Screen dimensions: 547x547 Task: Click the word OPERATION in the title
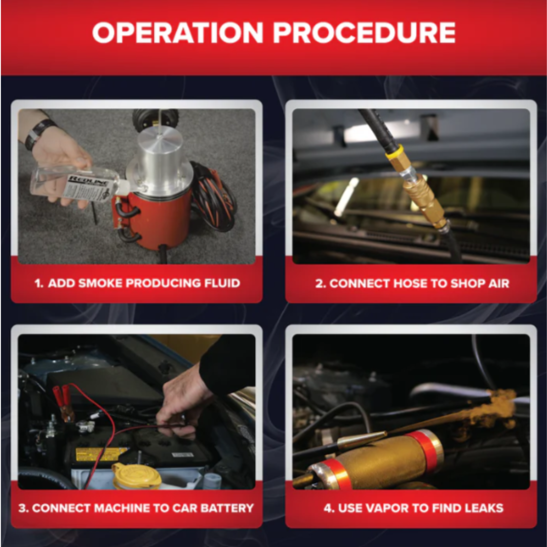pyautogui.click(x=178, y=32)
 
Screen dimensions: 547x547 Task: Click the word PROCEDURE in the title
pyautogui.click(x=364, y=32)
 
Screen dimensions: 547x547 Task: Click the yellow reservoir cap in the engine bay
pyautogui.click(x=136, y=476)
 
